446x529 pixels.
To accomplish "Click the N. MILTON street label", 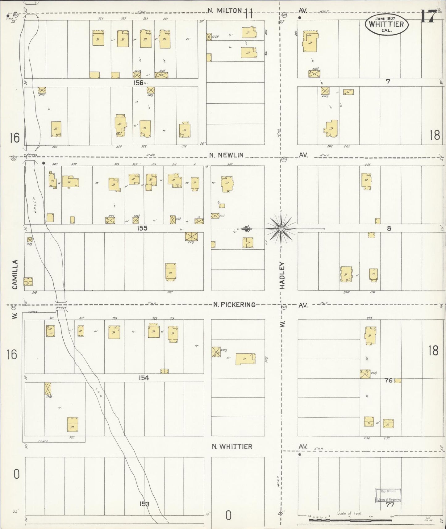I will coord(224,10).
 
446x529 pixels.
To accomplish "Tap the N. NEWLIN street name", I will coord(229,156).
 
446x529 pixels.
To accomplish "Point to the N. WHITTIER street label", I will coord(232,446).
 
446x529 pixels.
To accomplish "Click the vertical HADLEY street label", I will coord(282,275).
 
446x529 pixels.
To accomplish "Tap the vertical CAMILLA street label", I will coord(15,274).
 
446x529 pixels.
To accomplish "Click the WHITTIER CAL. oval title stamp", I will coord(386,24).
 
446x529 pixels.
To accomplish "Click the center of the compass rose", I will coord(281,229).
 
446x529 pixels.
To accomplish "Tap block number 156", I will coord(139,82).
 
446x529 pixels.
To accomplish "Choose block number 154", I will coord(144,378).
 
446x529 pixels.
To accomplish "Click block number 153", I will coord(144,504).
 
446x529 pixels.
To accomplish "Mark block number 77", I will coord(390,505).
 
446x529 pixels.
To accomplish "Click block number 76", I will coord(388,381).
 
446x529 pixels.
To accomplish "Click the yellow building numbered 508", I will coord(246,359).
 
